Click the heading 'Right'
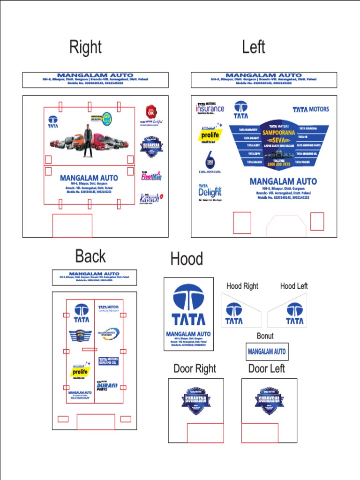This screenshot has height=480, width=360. [85, 47]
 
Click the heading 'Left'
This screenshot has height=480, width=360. [254, 47]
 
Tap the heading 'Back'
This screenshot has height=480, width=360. [90, 256]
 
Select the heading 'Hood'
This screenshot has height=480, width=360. [187, 259]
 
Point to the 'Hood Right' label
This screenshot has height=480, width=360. [242, 286]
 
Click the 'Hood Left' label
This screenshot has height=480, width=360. [294, 286]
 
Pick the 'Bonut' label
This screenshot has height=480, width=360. [265, 336]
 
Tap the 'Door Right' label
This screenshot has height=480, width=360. [195, 369]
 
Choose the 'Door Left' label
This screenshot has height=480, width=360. [267, 369]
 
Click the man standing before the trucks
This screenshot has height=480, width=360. [87, 139]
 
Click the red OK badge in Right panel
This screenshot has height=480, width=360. [150, 113]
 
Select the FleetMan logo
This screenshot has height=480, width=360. [151, 176]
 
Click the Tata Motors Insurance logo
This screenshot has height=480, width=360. [210, 109]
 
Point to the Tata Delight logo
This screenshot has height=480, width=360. [210, 191]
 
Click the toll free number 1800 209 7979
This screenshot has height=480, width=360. [279, 165]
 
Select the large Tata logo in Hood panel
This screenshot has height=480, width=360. [188, 304]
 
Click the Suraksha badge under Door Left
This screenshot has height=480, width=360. [269, 401]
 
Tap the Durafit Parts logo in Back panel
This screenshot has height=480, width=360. [107, 386]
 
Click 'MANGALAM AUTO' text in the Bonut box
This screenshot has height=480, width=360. [267, 352]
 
